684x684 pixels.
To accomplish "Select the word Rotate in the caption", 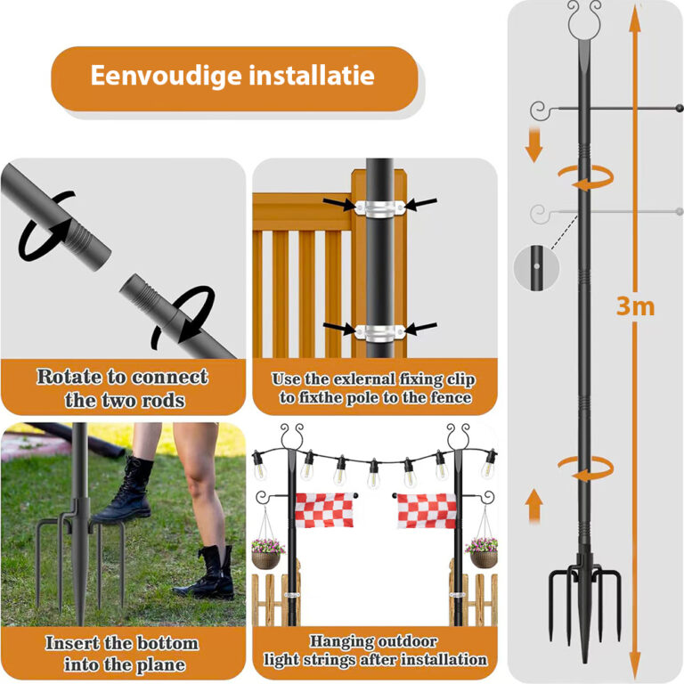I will pos(69,377).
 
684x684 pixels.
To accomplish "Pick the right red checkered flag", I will pos(425,510).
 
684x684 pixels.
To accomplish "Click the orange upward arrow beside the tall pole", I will pos(533,507).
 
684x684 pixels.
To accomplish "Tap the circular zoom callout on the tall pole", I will pos(533,266).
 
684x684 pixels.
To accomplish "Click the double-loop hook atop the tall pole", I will pos(584,15).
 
